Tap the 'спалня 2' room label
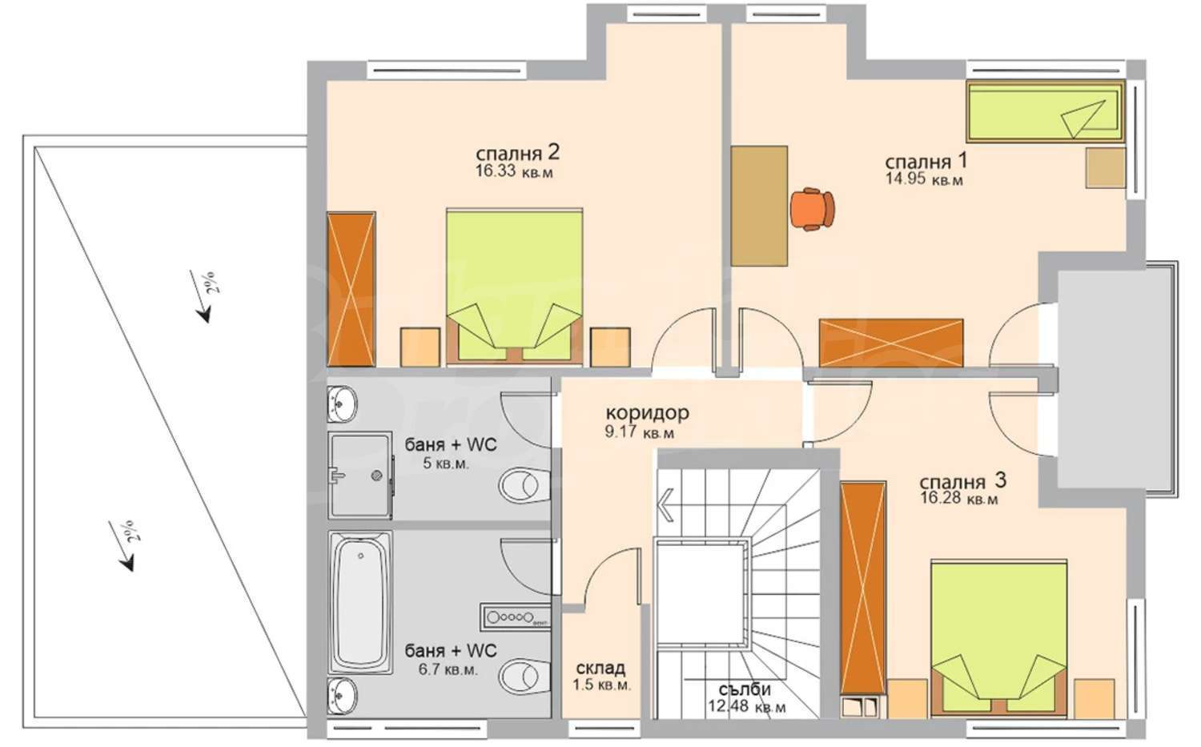[517, 154]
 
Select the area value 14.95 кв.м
[923, 179]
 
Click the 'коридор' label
[647, 413]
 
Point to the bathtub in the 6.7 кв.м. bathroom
[360, 602]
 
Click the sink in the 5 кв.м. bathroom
[342, 404]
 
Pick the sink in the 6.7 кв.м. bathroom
[342, 696]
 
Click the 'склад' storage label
[600, 669]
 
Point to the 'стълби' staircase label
[745, 689]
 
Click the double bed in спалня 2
[515, 287]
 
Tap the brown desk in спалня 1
[759, 206]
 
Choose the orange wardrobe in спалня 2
[351, 289]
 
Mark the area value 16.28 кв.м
[959, 499]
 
